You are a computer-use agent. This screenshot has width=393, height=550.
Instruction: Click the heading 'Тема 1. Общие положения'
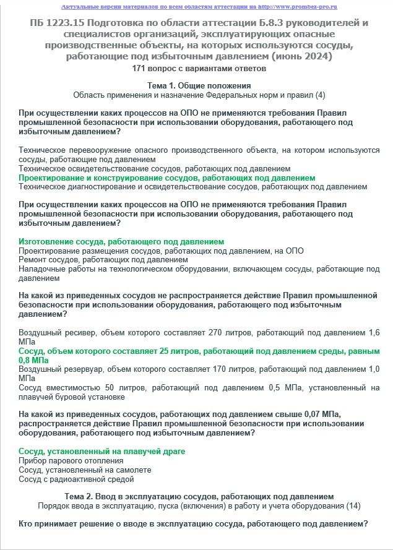[x=199, y=85]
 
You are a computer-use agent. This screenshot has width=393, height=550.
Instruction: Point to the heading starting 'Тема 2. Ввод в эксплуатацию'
[x=199, y=497]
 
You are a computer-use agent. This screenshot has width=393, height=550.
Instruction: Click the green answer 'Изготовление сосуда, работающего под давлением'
[x=121, y=241]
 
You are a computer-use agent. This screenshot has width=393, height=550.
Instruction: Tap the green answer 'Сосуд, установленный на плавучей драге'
[x=102, y=452]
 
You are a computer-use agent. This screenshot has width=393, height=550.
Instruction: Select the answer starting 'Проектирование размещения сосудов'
[x=161, y=251]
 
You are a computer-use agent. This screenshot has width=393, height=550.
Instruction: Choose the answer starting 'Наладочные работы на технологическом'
[x=199, y=269]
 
